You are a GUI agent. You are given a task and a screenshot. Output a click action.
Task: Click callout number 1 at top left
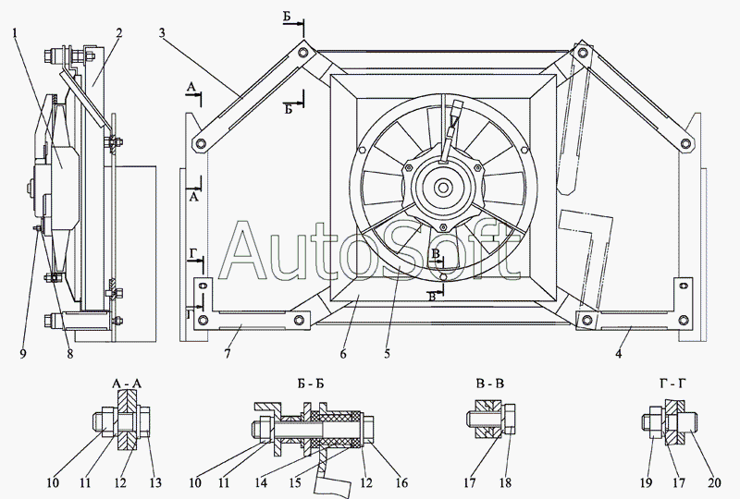pos(15,33)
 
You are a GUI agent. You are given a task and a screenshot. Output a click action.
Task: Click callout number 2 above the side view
pos(119,33)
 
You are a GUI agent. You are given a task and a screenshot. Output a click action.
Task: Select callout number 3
pos(162,33)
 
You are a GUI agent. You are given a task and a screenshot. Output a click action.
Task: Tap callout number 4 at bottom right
pos(618,353)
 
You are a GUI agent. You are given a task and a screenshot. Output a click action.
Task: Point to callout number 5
pos(387,353)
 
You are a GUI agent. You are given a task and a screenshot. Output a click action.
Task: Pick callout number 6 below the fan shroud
pos(343,353)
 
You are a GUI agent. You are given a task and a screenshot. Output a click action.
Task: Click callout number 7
pos(228,353)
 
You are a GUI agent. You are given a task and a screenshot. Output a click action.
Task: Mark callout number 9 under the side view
pos(23,353)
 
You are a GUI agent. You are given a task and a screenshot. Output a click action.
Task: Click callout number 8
pos(70,353)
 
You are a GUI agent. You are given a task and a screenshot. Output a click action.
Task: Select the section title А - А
pos(127,383)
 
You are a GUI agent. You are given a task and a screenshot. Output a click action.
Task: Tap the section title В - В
pos(490,383)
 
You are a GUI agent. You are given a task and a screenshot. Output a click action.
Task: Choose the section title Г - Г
pos(673,384)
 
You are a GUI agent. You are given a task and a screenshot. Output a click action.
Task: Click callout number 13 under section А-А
pos(155,482)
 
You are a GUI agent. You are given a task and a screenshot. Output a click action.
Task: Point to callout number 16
pos(401,482)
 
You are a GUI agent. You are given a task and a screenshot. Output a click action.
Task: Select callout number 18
pos(505,482)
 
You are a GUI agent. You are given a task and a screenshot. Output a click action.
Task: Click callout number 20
pos(714,482)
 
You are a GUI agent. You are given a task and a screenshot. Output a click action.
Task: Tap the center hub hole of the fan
pos(443,188)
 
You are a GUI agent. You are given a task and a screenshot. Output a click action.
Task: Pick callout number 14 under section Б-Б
pos(261,482)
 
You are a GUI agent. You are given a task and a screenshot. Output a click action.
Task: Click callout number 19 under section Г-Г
pos(646,482)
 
